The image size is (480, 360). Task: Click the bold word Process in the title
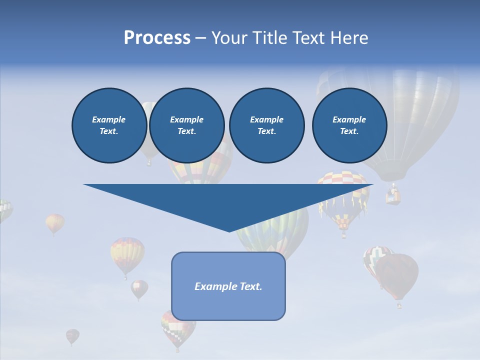click(157, 38)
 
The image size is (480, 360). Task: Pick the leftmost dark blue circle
click(109, 125)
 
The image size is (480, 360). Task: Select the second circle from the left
click(186, 125)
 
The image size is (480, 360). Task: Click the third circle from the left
click(266, 125)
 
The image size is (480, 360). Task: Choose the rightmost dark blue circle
click(349, 125)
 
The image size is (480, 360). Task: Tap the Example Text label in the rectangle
click(228, 286)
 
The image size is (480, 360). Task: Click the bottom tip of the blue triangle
click(229, 231)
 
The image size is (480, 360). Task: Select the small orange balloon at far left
click(55, 222)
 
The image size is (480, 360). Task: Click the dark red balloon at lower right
click(398, 275)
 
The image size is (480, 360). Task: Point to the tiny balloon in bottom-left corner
click(72, 336)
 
